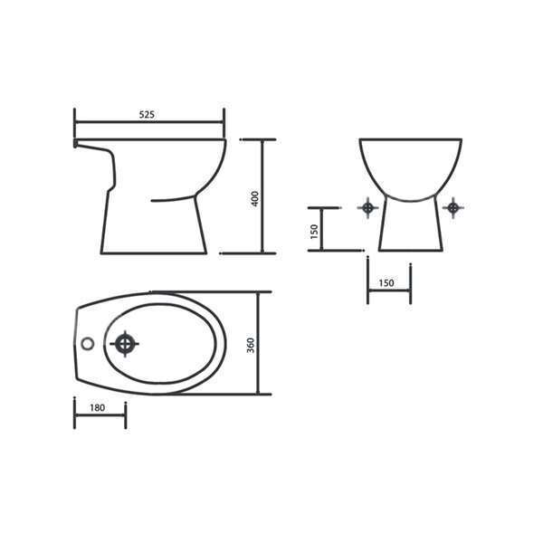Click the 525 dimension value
coord(147,114)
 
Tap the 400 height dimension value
coord(254,198)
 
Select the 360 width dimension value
coord(251,346)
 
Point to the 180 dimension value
coord(98,407)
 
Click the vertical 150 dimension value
coord(314,232)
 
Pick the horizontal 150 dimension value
coord(386,283)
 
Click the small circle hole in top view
coord(87,343)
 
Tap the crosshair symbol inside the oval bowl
coord(124,344)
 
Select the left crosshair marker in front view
coord(367,208)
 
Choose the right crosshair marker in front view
coord(453,208)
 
